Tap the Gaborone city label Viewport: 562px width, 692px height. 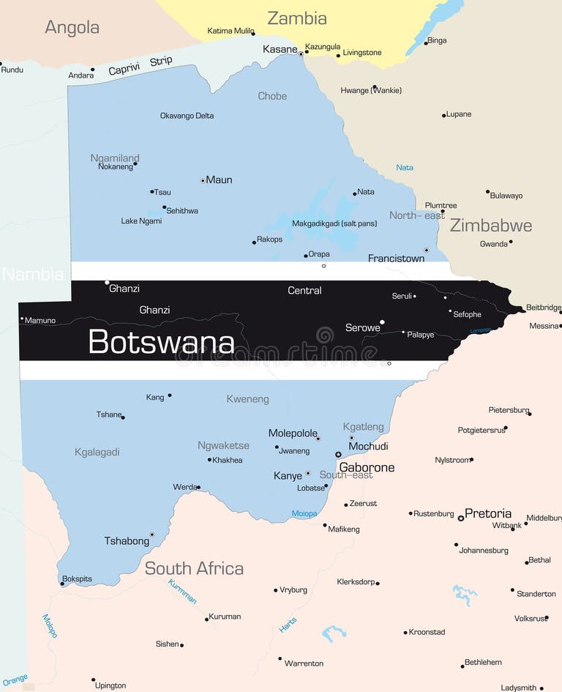pos(367,467)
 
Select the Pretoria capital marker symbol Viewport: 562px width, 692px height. pos(460,518)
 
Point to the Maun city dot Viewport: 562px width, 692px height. pos(203,180)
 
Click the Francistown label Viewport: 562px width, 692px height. pos(396,258)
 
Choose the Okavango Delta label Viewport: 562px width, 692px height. pos(187,116)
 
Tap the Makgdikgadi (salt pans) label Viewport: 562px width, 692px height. pos(334,223)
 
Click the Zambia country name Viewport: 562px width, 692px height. pos(296,18)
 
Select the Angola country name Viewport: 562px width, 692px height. pos(72,28)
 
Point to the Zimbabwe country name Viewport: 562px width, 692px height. pos(490,226)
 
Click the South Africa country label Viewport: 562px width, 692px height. pos(194,568)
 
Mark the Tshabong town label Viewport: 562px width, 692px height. pos(127,541)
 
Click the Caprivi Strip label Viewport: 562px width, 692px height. pos(140,66)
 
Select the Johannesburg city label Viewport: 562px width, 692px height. pos(483,550)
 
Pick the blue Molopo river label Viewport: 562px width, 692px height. pos(49,626)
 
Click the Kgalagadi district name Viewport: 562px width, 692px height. pos(97,453)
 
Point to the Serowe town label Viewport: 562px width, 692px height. pos(362,328)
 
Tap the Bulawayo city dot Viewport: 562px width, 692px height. pos(487,192)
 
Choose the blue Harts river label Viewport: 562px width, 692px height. pos(288,625)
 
